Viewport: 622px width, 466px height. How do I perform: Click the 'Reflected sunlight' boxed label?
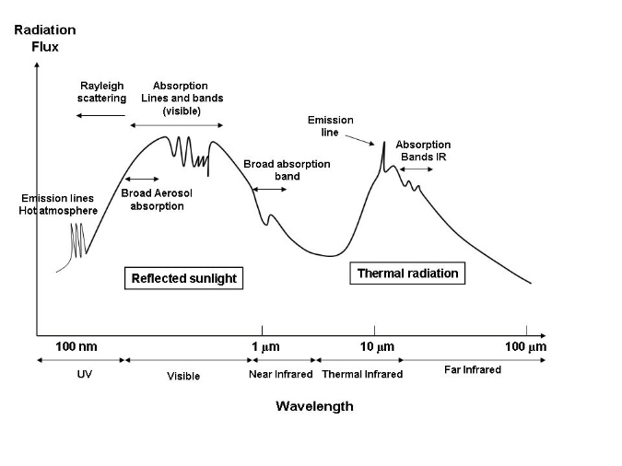pos(183,278)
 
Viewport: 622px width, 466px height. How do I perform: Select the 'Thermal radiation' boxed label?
pos(407,274)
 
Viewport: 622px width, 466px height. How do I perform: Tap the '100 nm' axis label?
pos(76,347)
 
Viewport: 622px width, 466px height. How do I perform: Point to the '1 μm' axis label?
pos(265,347)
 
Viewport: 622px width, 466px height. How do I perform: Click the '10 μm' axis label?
pos(376,347)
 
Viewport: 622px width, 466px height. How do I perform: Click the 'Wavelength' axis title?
pos(314,406)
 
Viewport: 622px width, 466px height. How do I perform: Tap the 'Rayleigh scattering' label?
pos(101,92)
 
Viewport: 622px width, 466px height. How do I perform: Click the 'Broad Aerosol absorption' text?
pos(153,200)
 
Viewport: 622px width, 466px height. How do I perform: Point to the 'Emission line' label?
pos(330,126)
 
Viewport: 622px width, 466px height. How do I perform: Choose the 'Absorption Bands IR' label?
pos(423,151)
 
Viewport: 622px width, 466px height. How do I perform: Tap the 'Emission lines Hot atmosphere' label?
pos(58,204)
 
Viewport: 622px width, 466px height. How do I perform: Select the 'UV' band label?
pos(80,375)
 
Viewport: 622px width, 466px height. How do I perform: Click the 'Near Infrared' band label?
pos(281,375)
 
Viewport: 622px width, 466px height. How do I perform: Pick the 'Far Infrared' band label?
pos(473,370)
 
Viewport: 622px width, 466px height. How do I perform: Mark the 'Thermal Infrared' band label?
pos(362,375)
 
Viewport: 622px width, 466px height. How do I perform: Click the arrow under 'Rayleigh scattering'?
pos(101,115)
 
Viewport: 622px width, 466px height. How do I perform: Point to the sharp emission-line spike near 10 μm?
pos(383,145)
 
